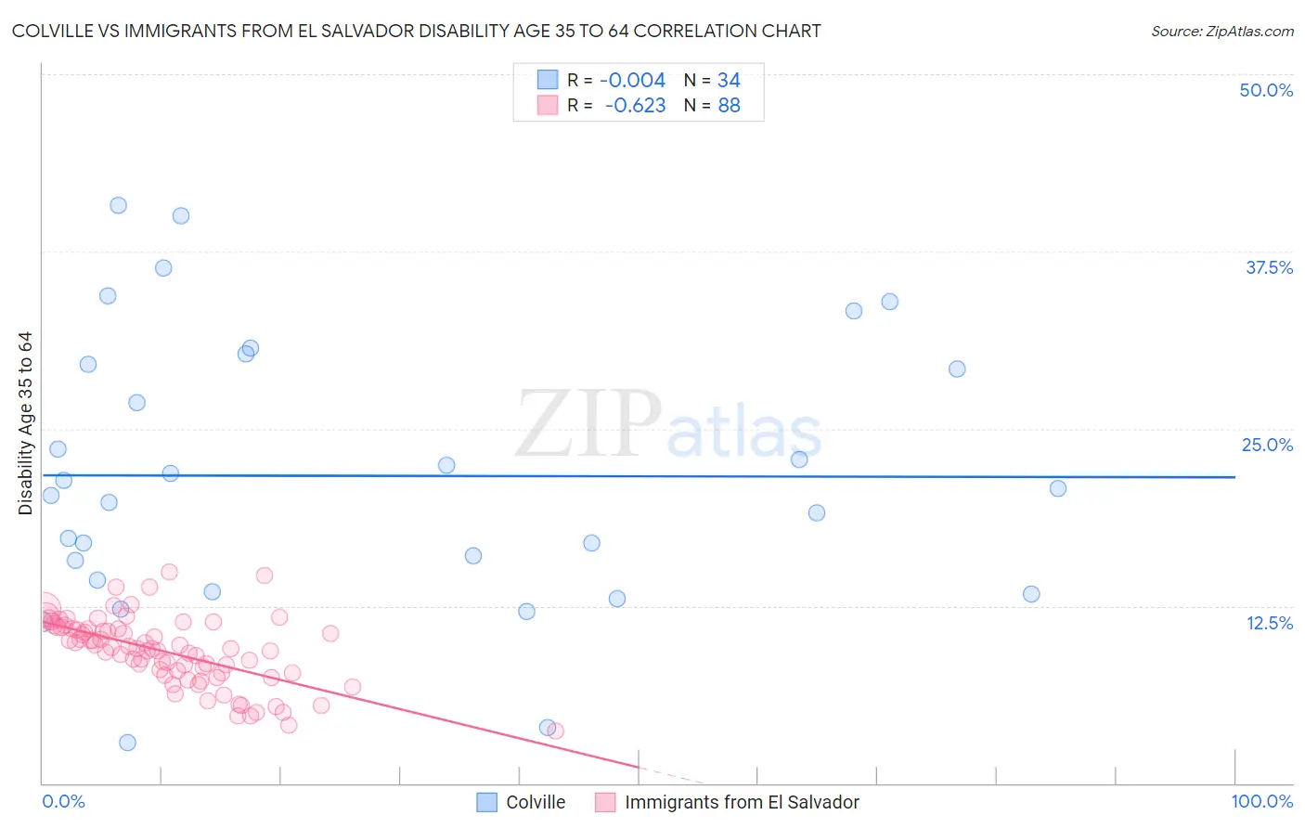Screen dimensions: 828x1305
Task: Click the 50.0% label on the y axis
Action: [1266, 90]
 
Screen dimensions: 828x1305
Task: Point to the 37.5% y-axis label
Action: [1269, 267]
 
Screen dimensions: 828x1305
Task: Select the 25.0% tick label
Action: [1267, 445]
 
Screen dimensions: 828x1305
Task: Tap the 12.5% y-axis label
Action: [1269, 623]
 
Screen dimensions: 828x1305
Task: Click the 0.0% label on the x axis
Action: [63, 801]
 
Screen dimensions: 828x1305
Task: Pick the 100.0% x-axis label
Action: [1261, 801]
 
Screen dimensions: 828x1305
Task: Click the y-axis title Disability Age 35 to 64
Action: [25, 423]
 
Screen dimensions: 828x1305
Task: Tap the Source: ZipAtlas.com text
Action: [1221, 32]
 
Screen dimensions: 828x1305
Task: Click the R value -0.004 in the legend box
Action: [632, 81]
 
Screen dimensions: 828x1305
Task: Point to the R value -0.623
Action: [635, 106]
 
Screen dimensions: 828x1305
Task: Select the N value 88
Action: [729, 106]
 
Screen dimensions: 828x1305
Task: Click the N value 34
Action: [729, 81]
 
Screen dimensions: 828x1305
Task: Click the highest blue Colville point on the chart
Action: [118, 205]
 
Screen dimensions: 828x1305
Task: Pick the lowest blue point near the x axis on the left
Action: [127, 743]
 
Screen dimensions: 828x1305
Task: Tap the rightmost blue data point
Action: [1057, 488]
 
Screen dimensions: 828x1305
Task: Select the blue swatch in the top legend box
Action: [548, 81]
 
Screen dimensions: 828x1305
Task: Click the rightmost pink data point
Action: [555, 731]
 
